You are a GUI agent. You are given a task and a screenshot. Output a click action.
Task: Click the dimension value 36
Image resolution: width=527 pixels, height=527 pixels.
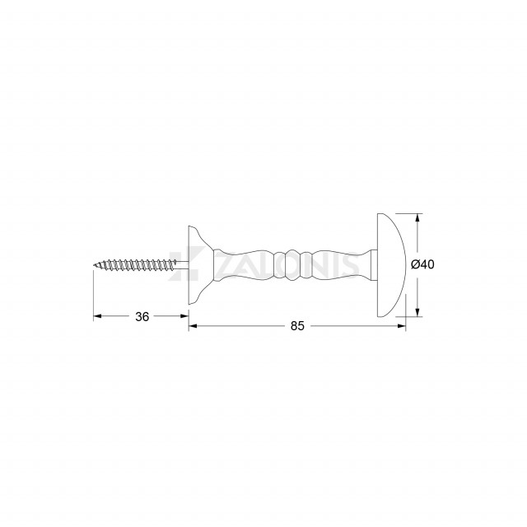[x=142, y=316]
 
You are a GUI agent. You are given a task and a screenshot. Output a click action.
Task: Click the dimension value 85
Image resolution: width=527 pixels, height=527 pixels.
[x=297, y=326]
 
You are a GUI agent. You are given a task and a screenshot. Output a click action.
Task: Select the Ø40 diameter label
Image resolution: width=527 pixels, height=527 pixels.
[x=422, y=264]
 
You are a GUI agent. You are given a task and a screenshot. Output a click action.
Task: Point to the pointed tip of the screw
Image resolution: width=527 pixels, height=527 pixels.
[x=94, y=265]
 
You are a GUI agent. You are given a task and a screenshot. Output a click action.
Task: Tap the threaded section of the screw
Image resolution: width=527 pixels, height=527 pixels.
[x=134, y=265]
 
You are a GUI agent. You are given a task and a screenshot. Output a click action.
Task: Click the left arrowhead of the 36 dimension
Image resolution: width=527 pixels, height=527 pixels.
[x=97, y=316]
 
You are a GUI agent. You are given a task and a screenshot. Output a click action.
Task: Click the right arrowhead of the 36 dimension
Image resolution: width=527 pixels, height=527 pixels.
[x=184, y=316]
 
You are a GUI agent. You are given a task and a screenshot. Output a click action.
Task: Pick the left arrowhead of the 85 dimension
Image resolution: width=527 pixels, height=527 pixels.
[x=193, y=326]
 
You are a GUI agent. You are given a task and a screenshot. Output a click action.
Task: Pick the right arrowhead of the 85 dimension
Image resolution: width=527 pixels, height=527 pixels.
[x=402, y=326]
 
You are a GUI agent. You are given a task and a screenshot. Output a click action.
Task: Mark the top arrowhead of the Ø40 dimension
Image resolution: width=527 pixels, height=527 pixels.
[x=417, y=217]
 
